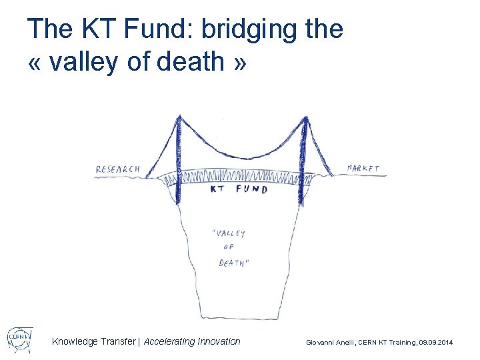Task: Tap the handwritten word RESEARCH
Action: [x=118, y=169]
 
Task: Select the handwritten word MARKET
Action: [x=363, y=168]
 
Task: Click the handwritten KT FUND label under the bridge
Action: [x=239, y=189]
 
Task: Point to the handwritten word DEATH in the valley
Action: [x=234, y=263]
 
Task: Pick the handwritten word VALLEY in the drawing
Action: [x=229, y=233]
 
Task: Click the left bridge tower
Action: [x=178, y=160]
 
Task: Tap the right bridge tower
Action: [x=304, y=160]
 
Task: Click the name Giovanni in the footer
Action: [x=321, y=342]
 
